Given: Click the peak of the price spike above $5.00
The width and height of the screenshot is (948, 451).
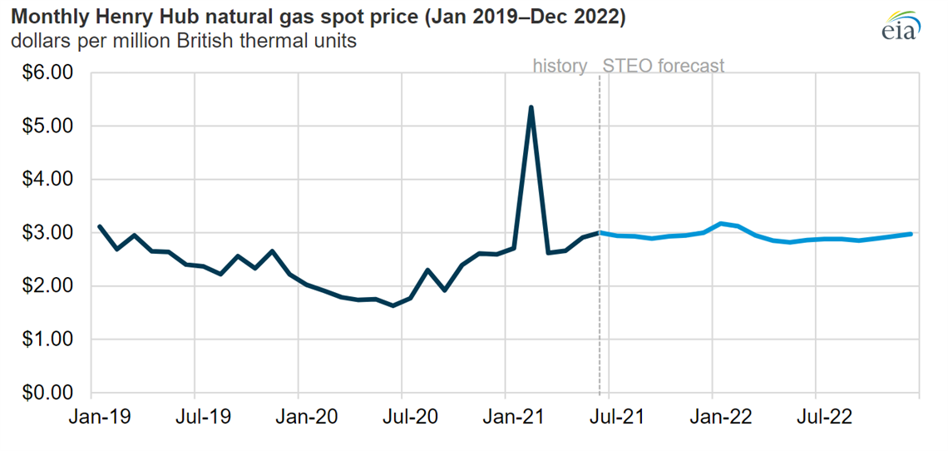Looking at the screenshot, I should tap(531, 107).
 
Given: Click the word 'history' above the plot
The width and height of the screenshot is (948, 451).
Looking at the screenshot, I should tap(560, 66).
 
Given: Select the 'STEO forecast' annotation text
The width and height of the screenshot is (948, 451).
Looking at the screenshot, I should tap(663, 66).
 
